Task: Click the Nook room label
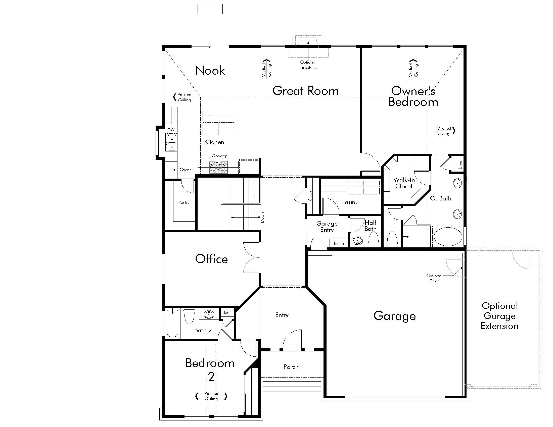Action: pos(210,70)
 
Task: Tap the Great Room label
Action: pos(306,91)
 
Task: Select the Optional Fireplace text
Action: pos(308,65)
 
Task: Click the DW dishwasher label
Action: pos(171,130)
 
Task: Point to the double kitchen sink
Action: pos(171,143)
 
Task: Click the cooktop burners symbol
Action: pos(218,167)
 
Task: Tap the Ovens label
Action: pos(185,170)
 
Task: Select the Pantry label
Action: pos(184,202)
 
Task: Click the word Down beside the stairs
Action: pos(262,218)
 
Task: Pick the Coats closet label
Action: pos(310,196)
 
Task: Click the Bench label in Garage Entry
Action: pos(338,243)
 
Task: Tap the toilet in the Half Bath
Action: pos(373,239)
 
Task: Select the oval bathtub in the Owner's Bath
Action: pos(448,237)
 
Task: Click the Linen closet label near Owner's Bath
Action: pos(460,164)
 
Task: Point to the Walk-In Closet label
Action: pos(404,183)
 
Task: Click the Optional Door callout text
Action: pos(434,278)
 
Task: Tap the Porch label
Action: pos(291,367)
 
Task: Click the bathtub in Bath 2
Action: pos(172,323)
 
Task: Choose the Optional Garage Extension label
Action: pos(499,316)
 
